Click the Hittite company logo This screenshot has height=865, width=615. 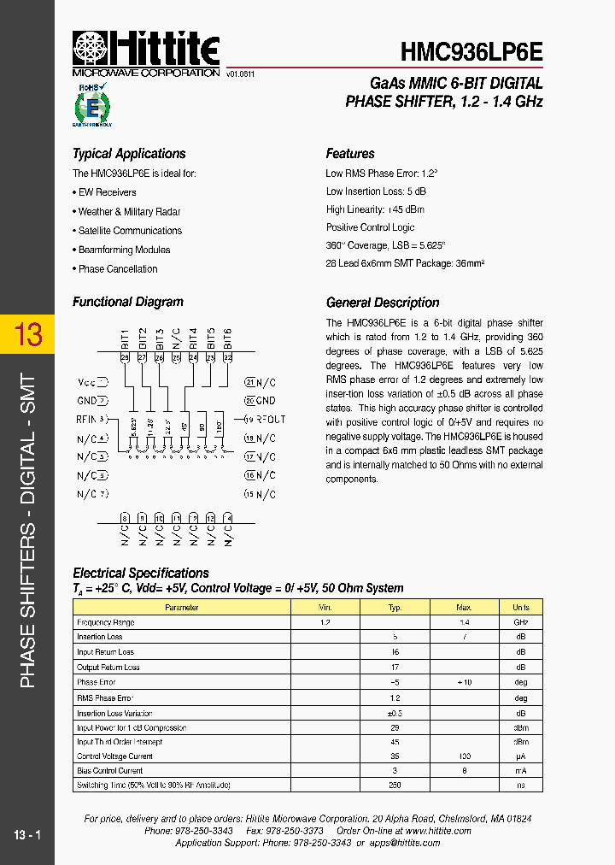coord(145,50)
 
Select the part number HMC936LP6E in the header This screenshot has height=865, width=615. coord(471,52)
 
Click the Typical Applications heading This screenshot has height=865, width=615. coord(129,154)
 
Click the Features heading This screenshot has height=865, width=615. coord(350,154)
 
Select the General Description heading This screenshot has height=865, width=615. coord(383,303)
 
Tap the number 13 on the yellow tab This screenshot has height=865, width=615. coord(28,334)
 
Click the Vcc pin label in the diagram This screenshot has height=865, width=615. coord(87,382)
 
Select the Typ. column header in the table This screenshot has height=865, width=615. coord(395,608)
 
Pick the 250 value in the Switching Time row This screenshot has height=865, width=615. coord(395,785)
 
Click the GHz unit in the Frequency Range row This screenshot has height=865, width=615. coord(520,622)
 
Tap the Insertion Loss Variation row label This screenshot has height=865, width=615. coord(114,713)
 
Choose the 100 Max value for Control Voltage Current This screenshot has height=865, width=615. coord(465,756)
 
